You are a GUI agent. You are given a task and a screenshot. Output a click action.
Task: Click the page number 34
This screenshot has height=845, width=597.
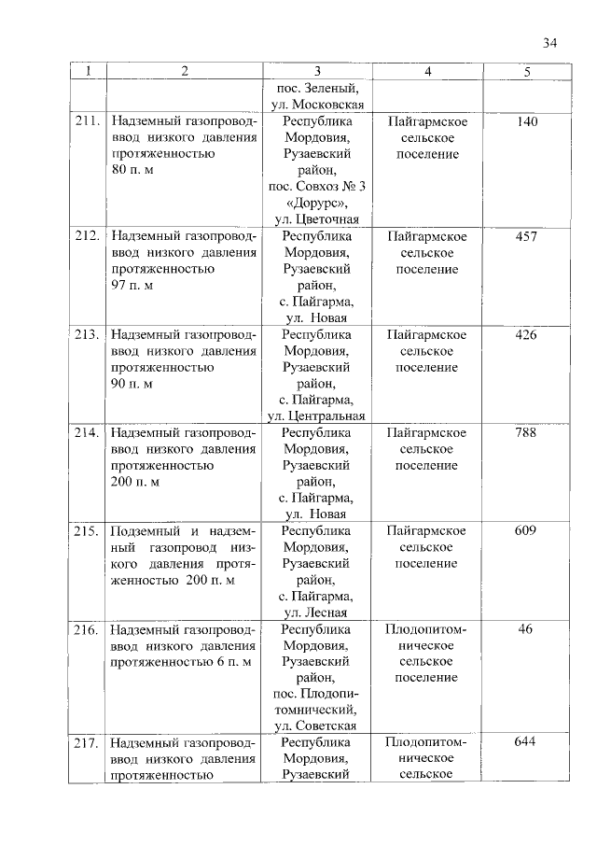pos(549,42)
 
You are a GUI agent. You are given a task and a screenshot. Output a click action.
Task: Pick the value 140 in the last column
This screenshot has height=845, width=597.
pos(526,121)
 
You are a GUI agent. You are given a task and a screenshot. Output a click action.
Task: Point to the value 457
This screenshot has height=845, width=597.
pos(526,236)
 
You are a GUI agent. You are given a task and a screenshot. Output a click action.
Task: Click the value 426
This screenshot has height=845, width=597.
pos(526,334)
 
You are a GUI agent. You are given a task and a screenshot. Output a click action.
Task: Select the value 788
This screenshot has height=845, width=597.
pos(526,432)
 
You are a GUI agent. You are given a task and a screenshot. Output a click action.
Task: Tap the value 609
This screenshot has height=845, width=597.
pos(526,530)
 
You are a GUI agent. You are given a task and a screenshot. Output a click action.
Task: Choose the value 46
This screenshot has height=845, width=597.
pos(526,628)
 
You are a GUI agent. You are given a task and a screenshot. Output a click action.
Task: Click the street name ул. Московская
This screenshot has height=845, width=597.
pos(317,105)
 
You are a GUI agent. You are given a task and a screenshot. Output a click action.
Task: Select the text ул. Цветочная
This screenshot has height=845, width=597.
pos(317,219)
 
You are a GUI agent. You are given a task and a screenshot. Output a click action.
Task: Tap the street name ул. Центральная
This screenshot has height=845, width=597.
pos(317,415)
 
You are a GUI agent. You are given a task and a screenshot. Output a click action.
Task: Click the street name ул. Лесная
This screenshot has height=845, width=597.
pos(317,613)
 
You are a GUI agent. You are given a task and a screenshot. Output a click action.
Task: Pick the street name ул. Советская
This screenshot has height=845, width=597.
pos(317,726)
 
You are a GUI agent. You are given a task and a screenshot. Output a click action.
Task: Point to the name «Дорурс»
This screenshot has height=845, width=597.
pos(317,203)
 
